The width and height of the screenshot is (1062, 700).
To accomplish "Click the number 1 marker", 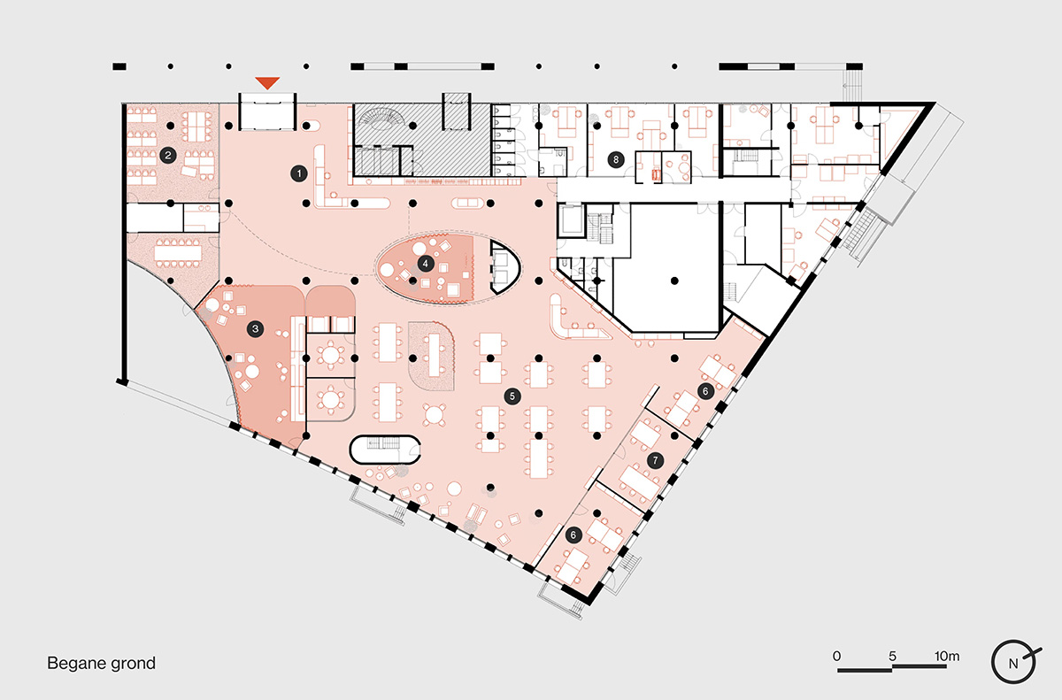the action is click(299, 173).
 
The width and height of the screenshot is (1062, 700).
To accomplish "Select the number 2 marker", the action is click(168, 155).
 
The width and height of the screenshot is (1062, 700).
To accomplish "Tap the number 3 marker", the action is click(256, 329).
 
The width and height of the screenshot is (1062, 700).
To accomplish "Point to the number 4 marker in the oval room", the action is click(426, 264).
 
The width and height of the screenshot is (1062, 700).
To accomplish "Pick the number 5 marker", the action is click(512, 396).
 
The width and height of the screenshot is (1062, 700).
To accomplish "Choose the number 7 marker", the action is click(655, 460).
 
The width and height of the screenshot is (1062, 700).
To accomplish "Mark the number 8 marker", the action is click(616, 159).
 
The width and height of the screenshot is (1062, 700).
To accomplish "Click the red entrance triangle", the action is click(267, 82).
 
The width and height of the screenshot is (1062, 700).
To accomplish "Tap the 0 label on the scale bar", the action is click(837, 656).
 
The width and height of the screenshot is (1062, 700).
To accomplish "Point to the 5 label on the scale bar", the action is click(892, 656).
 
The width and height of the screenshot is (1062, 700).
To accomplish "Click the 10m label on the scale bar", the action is click(947, 656).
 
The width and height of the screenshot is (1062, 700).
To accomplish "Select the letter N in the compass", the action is click(1012, 664).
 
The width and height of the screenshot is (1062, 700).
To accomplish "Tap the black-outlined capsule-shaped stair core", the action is click(384, 449).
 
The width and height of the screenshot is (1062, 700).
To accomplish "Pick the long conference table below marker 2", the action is click(178, 254).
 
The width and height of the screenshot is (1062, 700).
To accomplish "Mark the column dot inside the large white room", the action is click(674, 281).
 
